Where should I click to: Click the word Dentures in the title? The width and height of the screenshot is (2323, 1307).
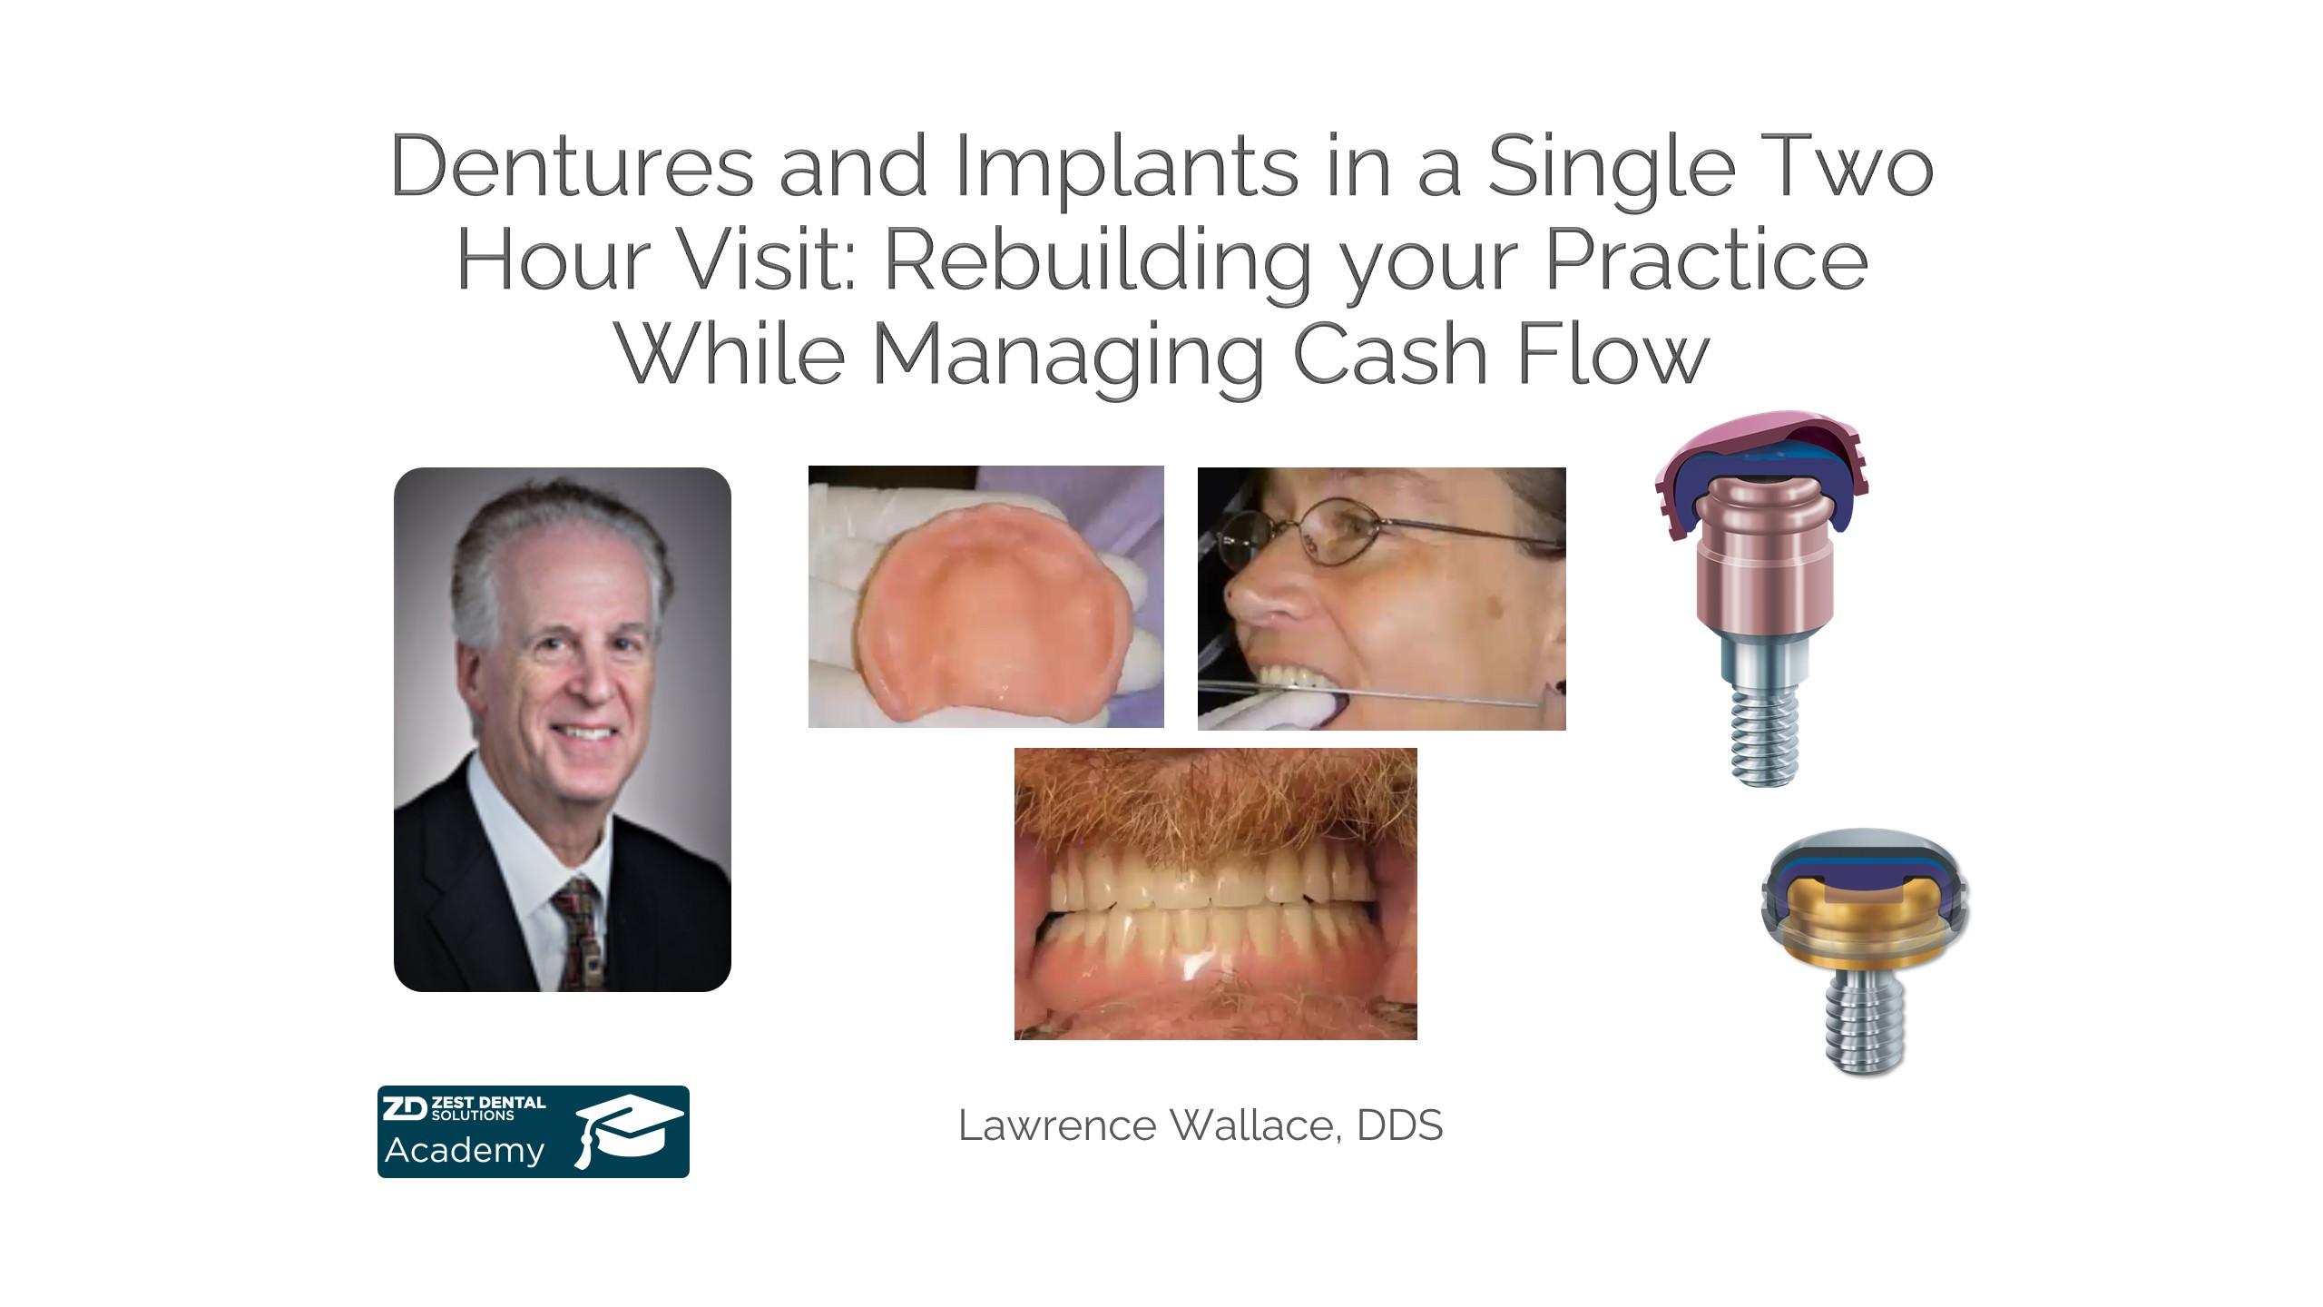(x=573, y=166)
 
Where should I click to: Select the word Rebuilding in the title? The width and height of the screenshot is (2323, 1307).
(x=1098, y=264)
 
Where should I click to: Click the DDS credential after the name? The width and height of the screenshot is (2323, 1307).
(x=1399, y=1125)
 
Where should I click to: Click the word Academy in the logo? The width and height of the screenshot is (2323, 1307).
(x=465, y=1151)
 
